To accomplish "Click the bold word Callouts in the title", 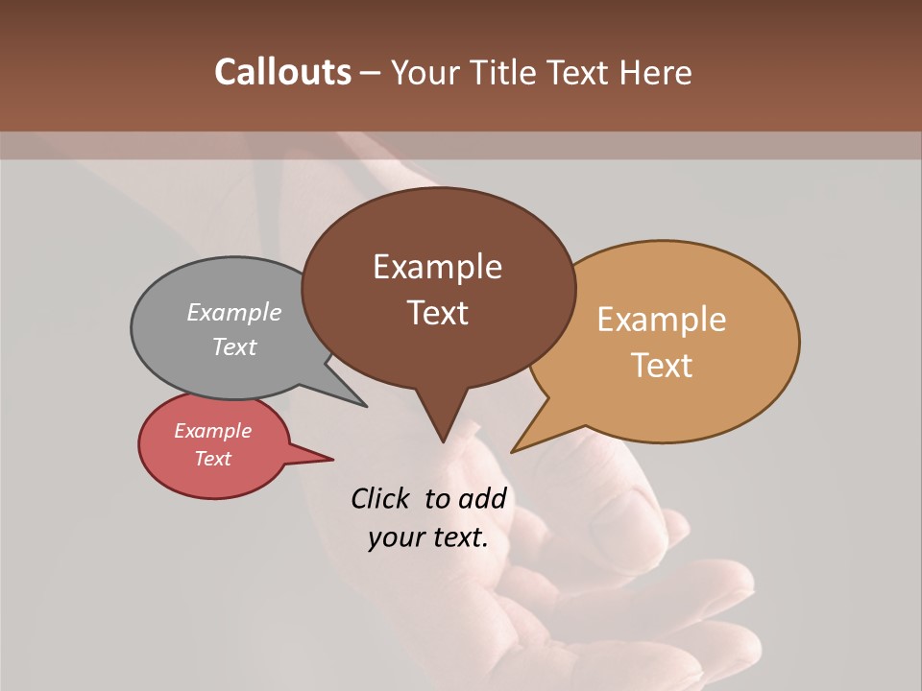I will point(283,72).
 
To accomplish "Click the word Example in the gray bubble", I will point(234,313).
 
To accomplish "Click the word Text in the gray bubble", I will point(234,347).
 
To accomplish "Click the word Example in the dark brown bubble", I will point(437,267).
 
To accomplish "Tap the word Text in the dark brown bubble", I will point(437,313).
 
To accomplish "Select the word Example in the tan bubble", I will point(662,320).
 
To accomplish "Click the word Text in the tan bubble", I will point(662,366).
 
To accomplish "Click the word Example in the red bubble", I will point(213,431).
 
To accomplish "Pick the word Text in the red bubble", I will point(213,459).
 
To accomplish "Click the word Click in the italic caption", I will point(380,498).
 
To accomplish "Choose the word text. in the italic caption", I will point(456,537).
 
